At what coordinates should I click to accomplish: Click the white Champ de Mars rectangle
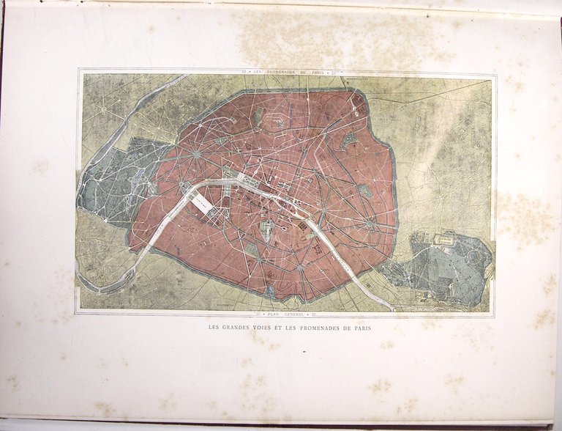(203, 205)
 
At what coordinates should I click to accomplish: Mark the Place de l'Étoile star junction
(196, 155)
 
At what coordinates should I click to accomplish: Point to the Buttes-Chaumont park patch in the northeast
(349, 139)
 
